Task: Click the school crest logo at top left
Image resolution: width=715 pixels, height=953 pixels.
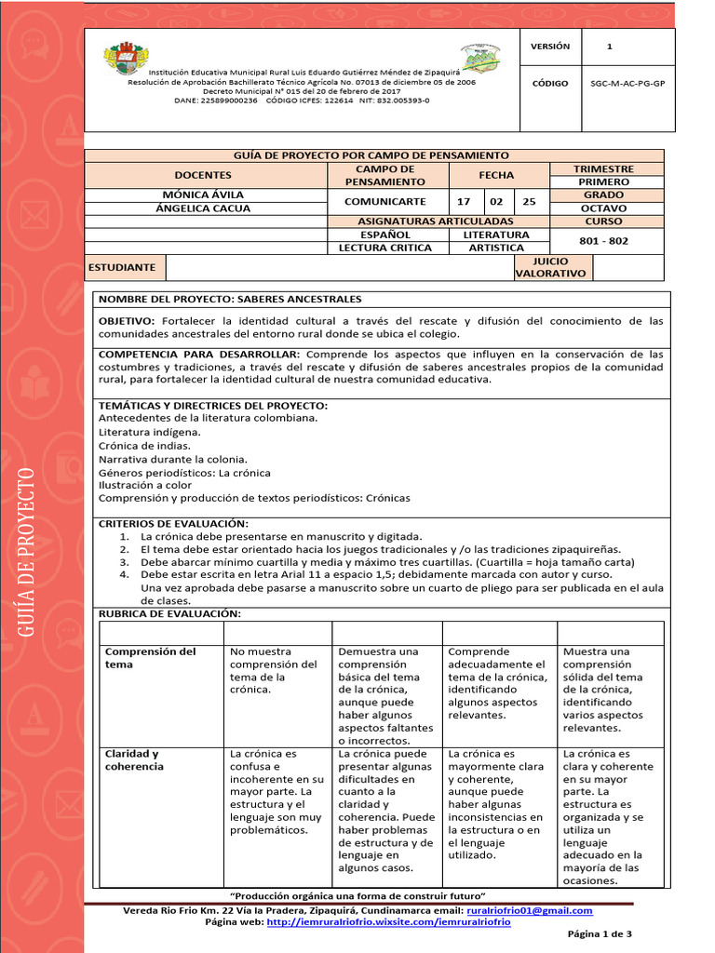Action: [126, 58]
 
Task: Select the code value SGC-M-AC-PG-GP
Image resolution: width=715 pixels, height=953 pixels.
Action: [627, 84]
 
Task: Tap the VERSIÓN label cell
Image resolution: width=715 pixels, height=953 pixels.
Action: [549, 47]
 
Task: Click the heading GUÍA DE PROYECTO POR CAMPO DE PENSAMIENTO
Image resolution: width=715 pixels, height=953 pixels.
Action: [374, 155]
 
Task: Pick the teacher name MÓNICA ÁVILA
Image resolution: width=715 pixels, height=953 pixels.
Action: [203, 195]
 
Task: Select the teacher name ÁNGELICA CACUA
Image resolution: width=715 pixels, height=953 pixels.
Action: [203, 208]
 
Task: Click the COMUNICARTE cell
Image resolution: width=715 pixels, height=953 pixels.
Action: [384, 201]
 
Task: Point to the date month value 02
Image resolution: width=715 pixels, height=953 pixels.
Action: [496, 201]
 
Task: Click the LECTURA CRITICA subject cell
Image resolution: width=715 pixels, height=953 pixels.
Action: [384, 248]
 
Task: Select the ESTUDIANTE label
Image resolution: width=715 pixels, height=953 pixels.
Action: [122, 267]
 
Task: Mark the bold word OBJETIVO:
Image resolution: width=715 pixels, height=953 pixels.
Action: [128, 320]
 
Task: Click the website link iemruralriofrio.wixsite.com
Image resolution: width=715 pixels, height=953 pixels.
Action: [388, 922]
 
